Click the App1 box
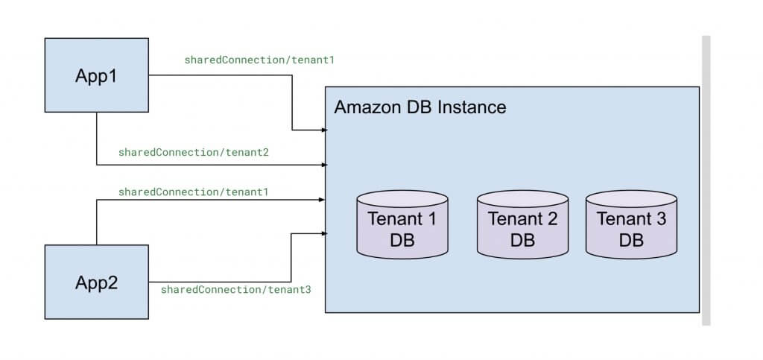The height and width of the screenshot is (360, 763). point(97,75)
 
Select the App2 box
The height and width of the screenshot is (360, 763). point(97,282)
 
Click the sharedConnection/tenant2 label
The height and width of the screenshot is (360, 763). point(193,153)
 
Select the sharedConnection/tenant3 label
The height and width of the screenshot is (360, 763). point(235,289)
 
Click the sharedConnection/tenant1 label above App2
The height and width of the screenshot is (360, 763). point(193,192)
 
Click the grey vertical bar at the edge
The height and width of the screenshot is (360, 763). point(706,179)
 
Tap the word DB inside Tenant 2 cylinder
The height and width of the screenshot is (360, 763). point(522,241)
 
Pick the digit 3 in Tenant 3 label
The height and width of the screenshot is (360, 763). point(660,220)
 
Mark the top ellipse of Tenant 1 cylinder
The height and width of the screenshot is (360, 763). point(402,199)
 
